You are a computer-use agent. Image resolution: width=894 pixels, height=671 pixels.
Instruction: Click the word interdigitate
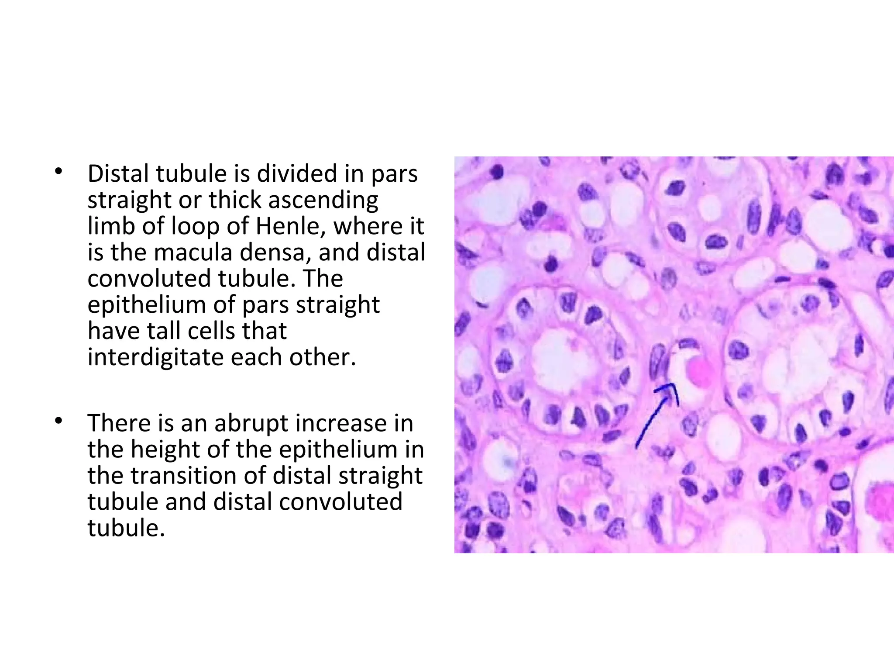(x=155, y=357)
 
